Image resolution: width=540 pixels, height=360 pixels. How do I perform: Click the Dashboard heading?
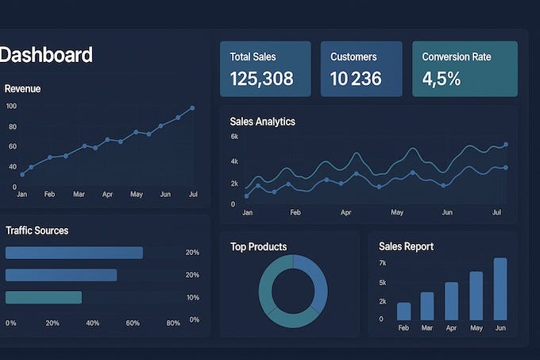pos(46,55)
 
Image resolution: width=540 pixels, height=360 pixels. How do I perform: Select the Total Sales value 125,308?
pos(261,79)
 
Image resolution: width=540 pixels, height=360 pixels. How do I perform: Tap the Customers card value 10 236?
pos(356,79)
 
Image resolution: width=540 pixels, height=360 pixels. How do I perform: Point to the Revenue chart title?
pos(22,89)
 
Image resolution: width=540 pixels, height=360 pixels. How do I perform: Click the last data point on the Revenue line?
pos(192,108)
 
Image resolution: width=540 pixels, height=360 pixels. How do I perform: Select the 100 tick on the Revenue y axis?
pos(11,106)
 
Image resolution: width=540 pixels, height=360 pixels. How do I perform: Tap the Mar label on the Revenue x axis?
pos(79,194)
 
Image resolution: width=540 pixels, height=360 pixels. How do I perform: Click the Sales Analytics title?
pos(262,122)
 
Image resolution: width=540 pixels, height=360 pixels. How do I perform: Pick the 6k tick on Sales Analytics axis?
pos(234,137)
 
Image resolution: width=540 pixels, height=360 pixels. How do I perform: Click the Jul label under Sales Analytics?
pos(497,213)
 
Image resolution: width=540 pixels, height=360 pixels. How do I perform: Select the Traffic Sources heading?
pos(37,230)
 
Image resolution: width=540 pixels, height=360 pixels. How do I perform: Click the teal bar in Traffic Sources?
pos(44,297)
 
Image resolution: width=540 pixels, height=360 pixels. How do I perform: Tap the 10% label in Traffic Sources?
pos(192,297)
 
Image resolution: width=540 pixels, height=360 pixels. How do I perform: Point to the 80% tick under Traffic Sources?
pos(173,323)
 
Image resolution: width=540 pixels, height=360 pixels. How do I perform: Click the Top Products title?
pos(258,247)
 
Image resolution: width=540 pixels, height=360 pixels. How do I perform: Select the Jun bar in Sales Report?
pos(499,288)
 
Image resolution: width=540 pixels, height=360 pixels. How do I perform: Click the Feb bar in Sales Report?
pos(403,311)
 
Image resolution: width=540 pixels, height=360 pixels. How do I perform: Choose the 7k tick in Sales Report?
pos(382,263)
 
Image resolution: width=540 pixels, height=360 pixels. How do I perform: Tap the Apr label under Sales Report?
pos(451,327)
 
